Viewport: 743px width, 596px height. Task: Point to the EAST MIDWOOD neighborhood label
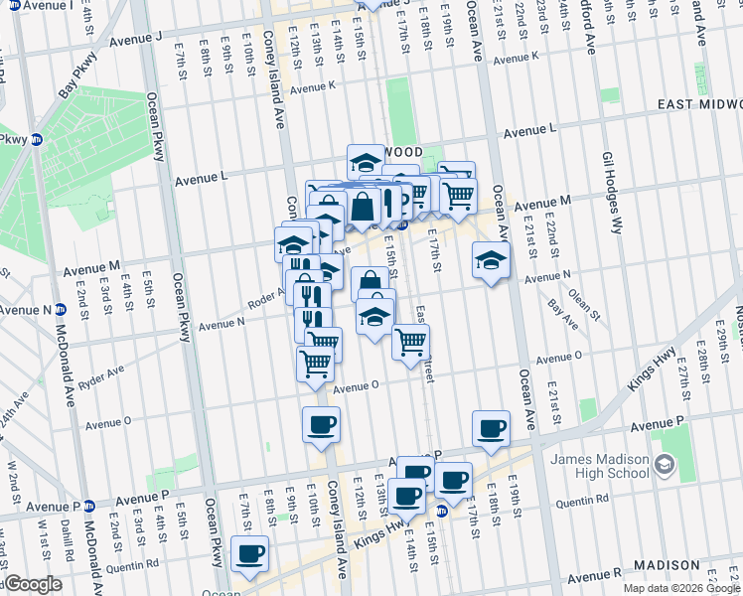(698, 104)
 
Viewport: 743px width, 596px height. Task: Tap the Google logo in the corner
(32, 585)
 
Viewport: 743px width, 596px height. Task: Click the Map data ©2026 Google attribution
(681, 588)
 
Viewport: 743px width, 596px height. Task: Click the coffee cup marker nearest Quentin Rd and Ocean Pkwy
(249, 552)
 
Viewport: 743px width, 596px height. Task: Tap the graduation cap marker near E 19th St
(490, 260)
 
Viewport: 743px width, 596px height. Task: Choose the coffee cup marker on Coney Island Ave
(321, 425)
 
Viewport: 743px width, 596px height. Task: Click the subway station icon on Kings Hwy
(442, 511)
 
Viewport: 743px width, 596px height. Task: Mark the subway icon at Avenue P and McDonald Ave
(89, 506)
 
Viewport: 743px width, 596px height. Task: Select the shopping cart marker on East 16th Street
(410, 342)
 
